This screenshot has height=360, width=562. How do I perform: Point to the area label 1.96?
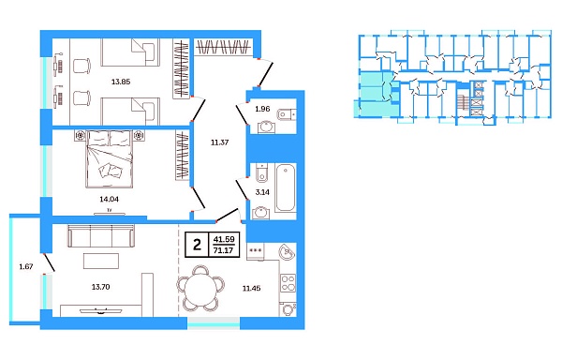tap(264, 110)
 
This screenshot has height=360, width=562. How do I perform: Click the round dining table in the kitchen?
tap(200, 288)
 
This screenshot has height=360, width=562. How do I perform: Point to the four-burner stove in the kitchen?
tap(288, 282)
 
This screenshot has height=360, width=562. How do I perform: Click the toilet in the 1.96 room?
tap(286, 115)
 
